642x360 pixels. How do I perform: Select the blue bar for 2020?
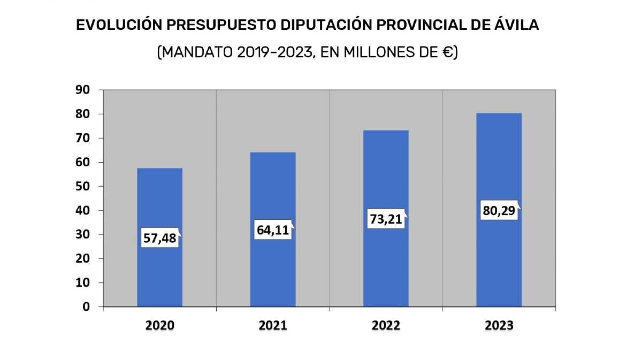click(159, 267)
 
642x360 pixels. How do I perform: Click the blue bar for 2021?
click(273, 267)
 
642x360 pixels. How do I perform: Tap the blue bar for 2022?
click(386, 267)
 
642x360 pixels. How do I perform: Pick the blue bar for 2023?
click(499, 267)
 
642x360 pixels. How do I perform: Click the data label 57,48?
click(159, 238)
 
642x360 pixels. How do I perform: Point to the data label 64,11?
click(273, 231)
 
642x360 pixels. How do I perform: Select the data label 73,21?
click(386, 219)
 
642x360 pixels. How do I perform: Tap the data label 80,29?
click(499, 211)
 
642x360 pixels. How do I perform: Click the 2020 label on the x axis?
click(159, 326)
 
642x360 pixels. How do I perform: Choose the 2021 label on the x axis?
click(273, 326)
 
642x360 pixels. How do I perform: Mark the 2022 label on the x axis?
click(386, 326)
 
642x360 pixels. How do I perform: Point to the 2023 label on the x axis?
click(499, 326)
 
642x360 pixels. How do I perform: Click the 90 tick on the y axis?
click(82, 90)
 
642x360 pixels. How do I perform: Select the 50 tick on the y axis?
click(82, 186)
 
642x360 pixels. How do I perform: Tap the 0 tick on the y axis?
click(86, 307)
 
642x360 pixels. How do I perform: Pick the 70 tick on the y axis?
click(82, 138)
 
